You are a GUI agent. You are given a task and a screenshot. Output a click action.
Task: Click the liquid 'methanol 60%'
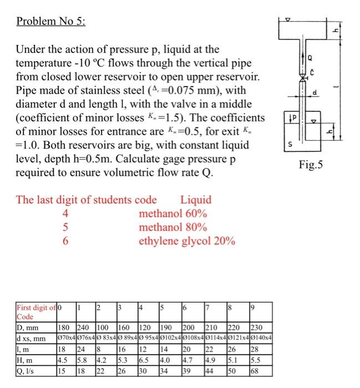pos(173,213)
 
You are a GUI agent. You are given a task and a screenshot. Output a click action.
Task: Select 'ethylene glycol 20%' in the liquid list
pos(187,241)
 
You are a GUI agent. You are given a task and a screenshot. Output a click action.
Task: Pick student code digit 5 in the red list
pos(65,227)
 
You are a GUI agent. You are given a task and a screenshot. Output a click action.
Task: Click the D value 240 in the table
pos(84,328)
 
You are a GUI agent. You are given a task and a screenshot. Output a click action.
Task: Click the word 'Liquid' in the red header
pos(196,200)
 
